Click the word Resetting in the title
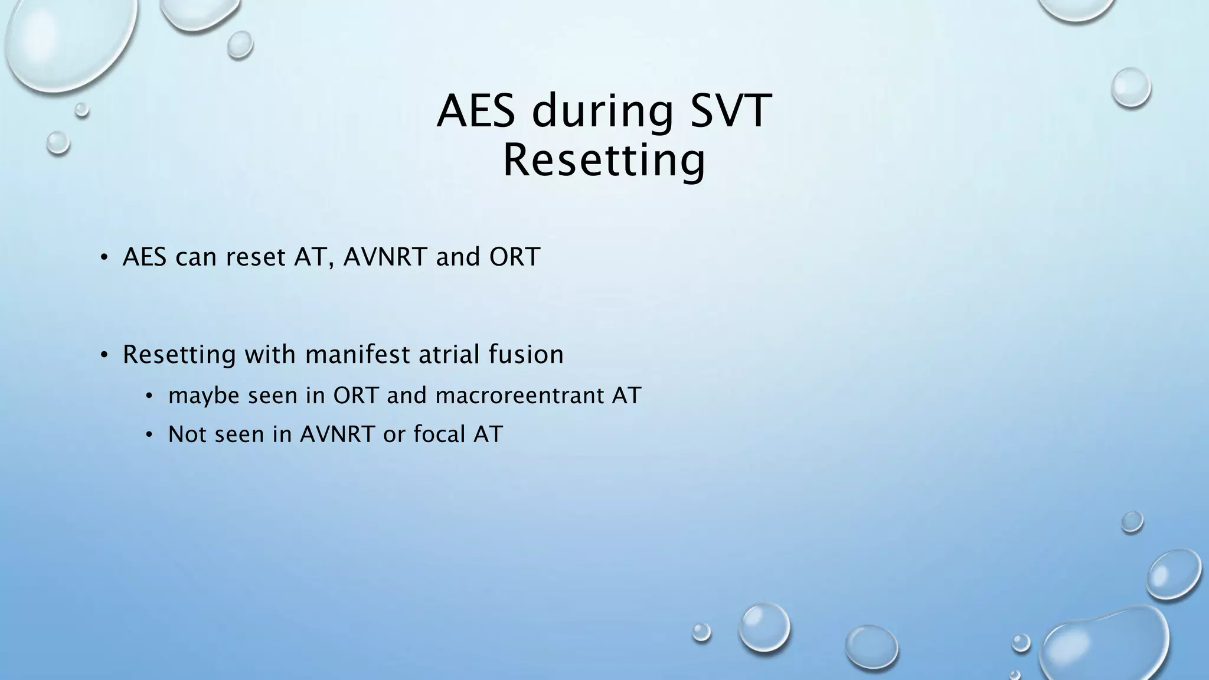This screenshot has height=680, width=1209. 604,161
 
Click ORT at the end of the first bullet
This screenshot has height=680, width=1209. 514,257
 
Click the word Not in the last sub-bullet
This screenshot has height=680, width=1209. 187,434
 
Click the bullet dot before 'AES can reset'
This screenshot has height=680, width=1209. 104,257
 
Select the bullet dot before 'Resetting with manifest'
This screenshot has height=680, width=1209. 104,355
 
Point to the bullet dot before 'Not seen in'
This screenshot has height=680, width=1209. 149,435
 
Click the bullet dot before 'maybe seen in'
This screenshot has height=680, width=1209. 149,396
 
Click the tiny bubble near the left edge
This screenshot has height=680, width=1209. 82,109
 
